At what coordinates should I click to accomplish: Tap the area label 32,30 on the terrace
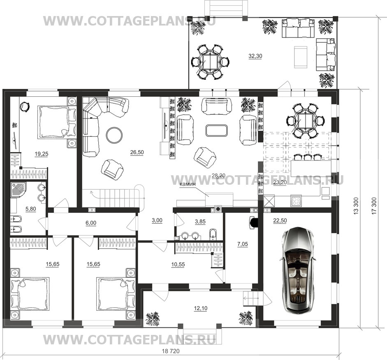tap(255, 56)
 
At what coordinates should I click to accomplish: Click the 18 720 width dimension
tap(171, 351)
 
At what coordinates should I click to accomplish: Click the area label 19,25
tap(42, 154)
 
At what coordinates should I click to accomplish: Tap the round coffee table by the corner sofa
tap(114, 135)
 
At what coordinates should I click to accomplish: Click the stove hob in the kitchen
tap(296, 200)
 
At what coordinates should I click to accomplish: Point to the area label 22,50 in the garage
tap(280, 221)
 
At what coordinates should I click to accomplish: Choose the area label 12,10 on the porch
tap(200, 308)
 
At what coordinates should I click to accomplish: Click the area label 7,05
tap(242, 244)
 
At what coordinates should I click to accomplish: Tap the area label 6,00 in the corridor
tap(91, 223)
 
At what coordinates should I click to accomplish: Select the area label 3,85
tap(200, 222)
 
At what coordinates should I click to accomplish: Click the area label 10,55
tap(178, 265)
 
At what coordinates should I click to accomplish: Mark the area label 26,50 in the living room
tap(137, 152)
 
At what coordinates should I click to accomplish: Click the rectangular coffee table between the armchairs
tap(216, 130)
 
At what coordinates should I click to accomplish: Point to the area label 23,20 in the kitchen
tap(280, 183)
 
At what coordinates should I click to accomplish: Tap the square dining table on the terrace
tap(210, 62)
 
